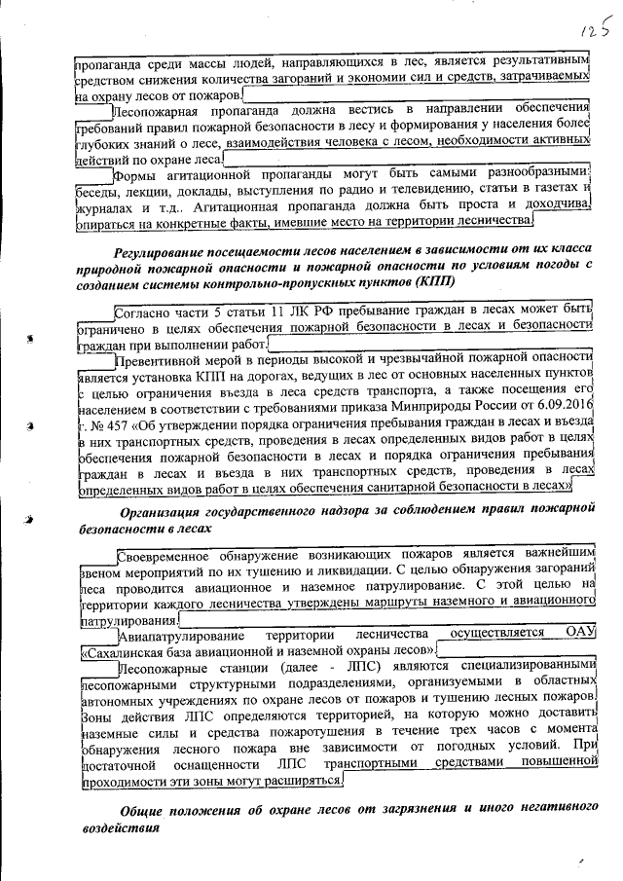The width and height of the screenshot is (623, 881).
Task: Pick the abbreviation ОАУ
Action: pos(578,634)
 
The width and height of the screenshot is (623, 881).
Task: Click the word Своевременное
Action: pos(170,556)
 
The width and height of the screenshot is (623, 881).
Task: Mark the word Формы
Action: pos(136,176)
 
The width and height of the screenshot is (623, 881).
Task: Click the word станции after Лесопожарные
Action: pos(235,669)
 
